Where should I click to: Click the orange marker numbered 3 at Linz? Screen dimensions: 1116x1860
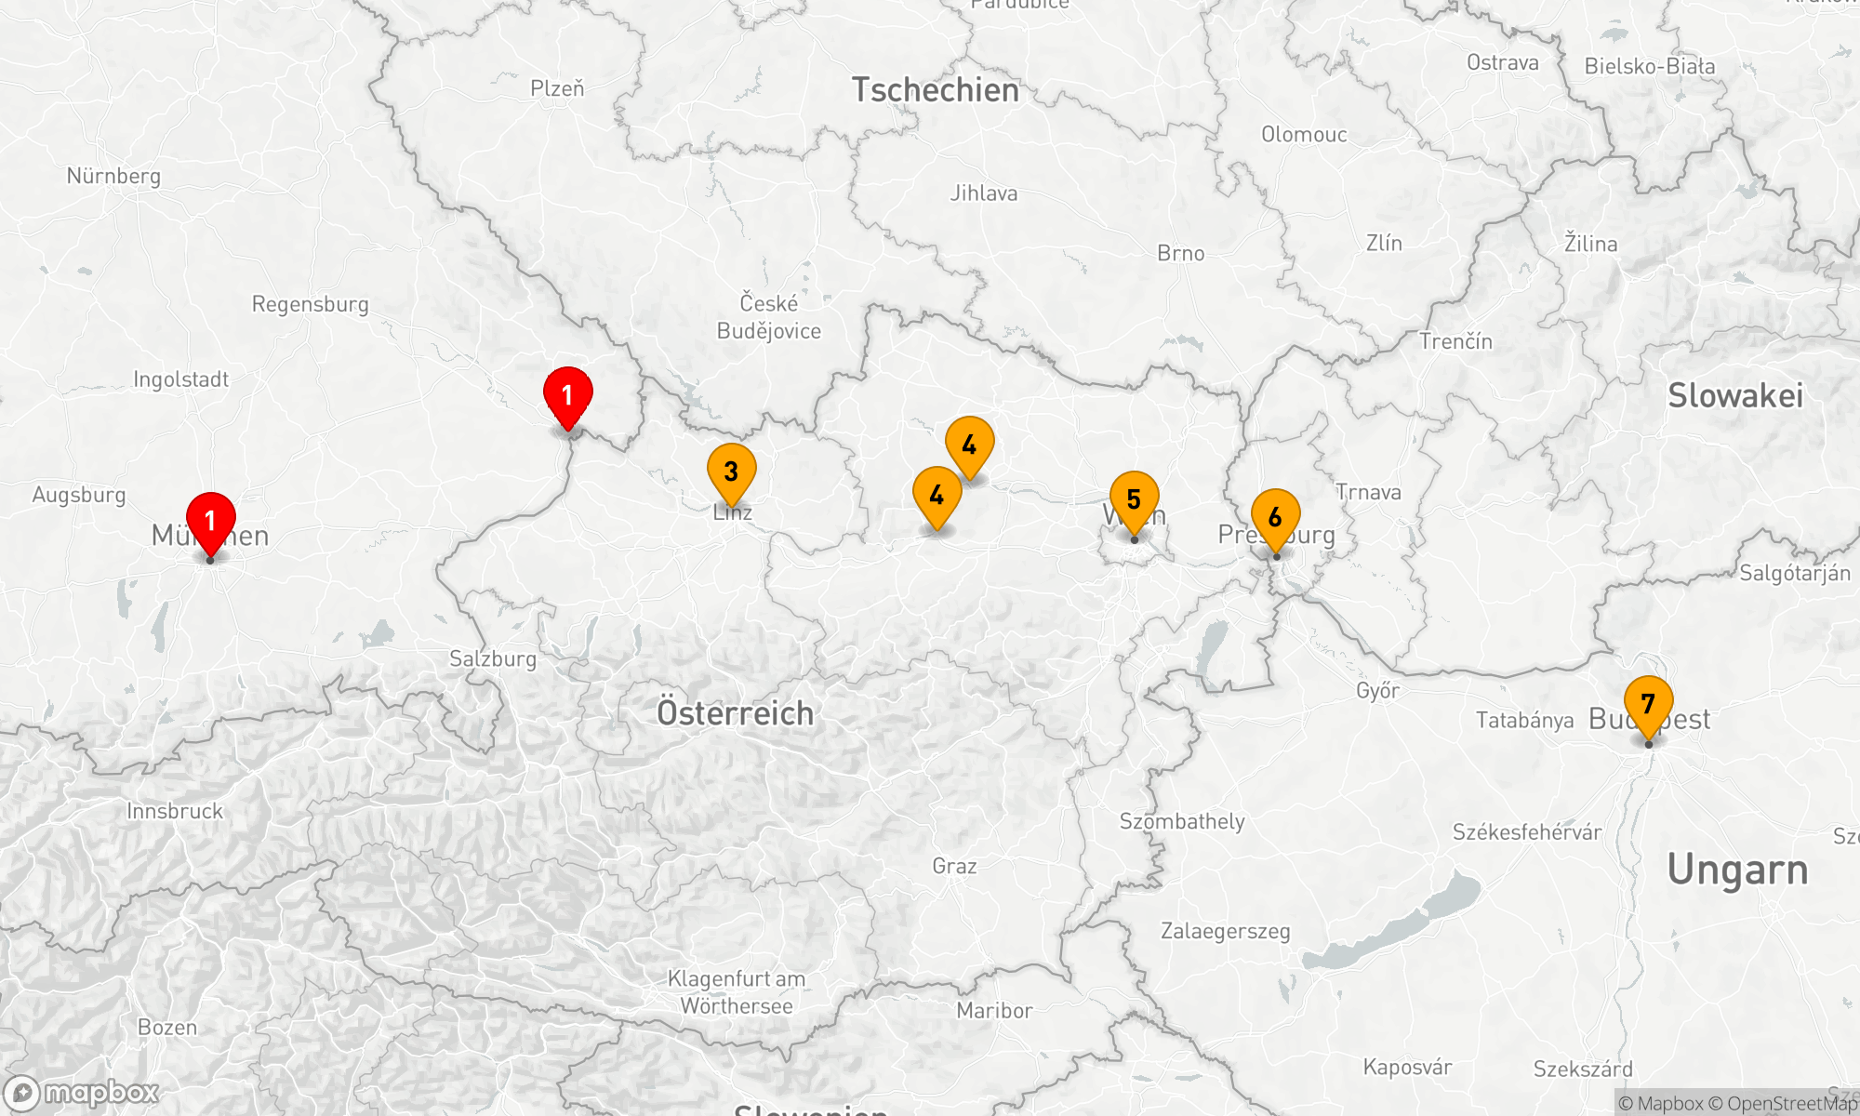point(731,472)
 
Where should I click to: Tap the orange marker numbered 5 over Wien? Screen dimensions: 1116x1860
point(1134,500)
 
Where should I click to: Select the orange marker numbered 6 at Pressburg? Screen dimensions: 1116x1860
point(1275,518)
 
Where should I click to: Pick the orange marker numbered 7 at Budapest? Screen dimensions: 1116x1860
point(1648,705)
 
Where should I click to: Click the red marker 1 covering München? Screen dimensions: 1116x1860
point(210,521)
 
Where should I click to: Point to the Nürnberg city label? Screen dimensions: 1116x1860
point(113,176)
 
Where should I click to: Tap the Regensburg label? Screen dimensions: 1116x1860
point(310,304)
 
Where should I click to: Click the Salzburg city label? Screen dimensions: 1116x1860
point(493,659)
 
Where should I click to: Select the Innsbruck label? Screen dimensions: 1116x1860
point(175,811)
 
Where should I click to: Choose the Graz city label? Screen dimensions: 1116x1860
point(954,866)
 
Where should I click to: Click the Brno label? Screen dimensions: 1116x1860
point(1180,253)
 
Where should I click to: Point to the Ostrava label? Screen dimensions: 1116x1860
point(1502,62)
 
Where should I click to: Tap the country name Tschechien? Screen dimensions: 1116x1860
point(936,90)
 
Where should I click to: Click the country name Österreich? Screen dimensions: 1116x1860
point(735,713)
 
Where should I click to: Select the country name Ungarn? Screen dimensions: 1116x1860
point(1737,870)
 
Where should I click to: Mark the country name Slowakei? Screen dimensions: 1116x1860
point(1735,395)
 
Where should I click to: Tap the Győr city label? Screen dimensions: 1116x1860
point(1377,690)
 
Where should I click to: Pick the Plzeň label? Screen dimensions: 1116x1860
point(557,88)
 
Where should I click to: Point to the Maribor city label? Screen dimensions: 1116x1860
point(994,1011)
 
